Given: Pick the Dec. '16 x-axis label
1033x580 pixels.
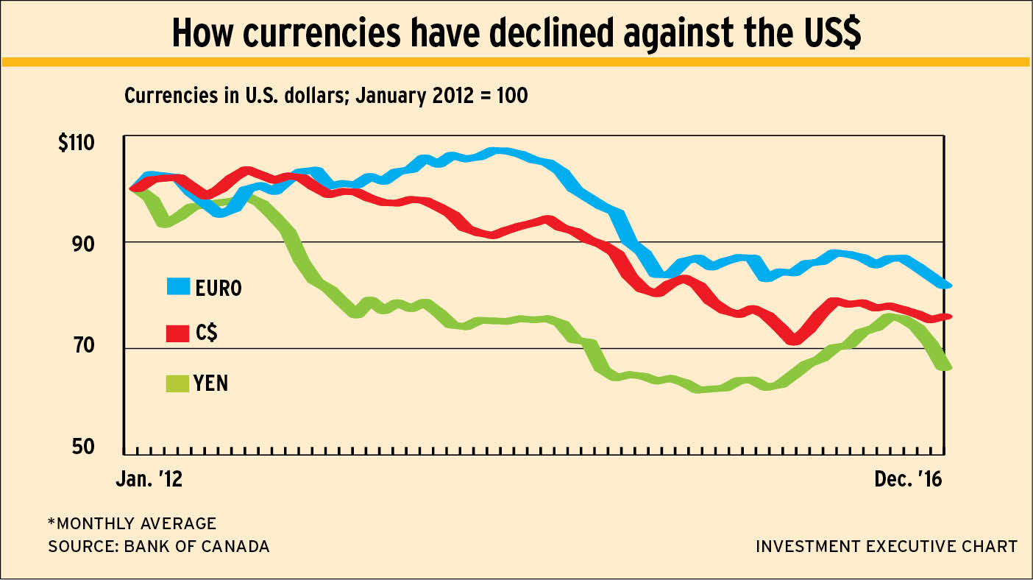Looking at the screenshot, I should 907,479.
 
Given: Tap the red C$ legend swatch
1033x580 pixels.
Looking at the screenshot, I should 177,333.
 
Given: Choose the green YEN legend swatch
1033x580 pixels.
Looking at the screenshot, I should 177,382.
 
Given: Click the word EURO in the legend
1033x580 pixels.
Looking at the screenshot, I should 219,288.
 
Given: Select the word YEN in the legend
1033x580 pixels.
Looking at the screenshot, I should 212,383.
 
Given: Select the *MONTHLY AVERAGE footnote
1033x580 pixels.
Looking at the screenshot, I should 132,524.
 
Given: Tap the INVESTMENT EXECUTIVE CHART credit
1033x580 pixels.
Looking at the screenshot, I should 887,547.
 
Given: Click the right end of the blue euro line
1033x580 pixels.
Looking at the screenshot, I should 948,285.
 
